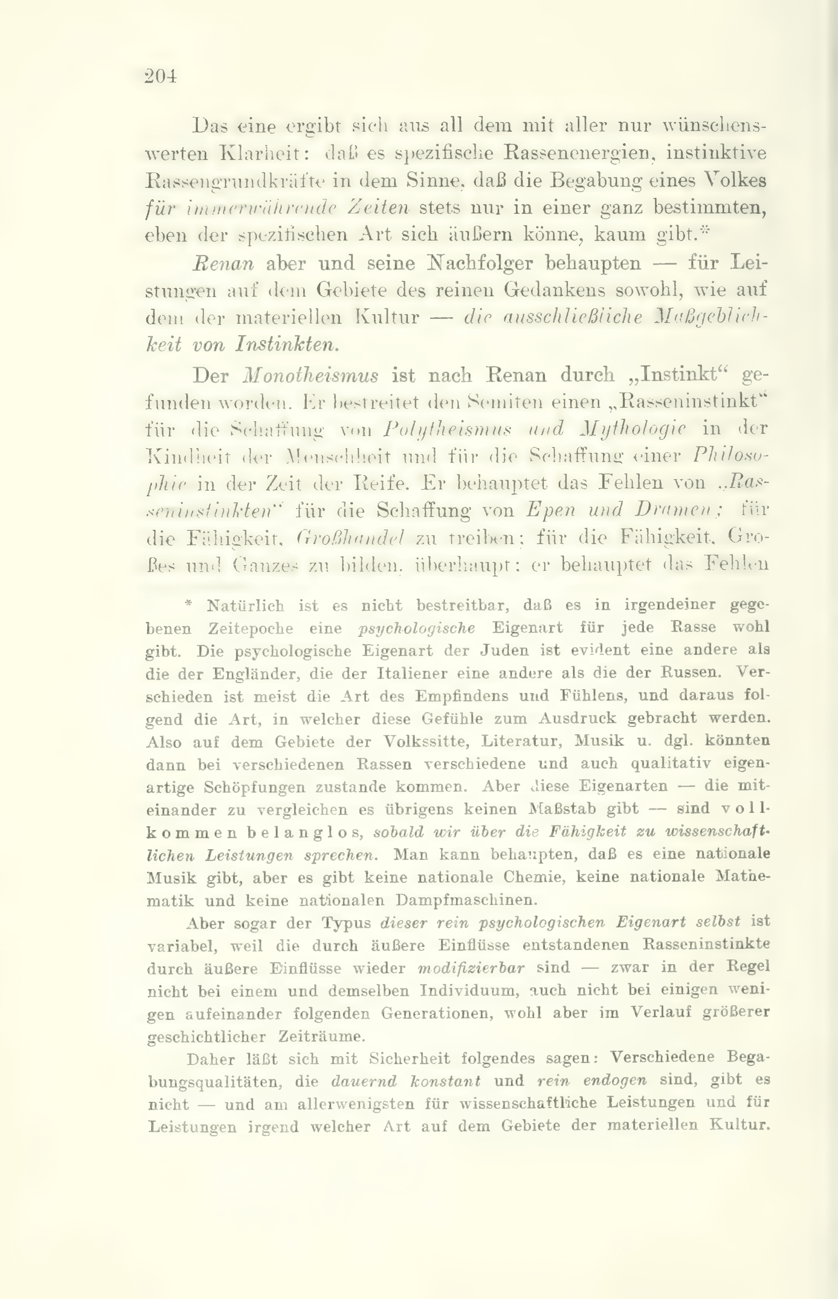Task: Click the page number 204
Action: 161,76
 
